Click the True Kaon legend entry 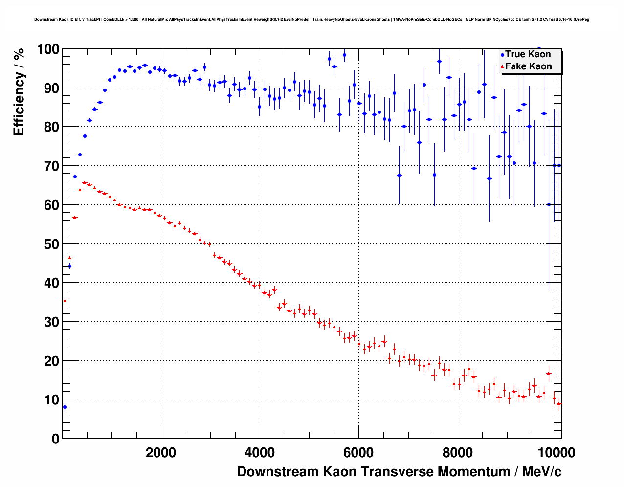[528, 54]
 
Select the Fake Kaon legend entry [528, 66]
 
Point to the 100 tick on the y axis [48, 49]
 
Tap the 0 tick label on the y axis [55, 439]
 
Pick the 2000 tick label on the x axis [161, 453]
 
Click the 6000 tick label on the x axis [358, 453]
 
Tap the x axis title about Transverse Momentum [399, 472]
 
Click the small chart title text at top [312, 20]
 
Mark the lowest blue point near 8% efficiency [65, 407]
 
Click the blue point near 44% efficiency [69, 266]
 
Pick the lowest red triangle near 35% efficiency [65, 301]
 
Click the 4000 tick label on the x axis [260, 453]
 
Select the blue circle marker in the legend [502, 55]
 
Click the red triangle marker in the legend [502, 67]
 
